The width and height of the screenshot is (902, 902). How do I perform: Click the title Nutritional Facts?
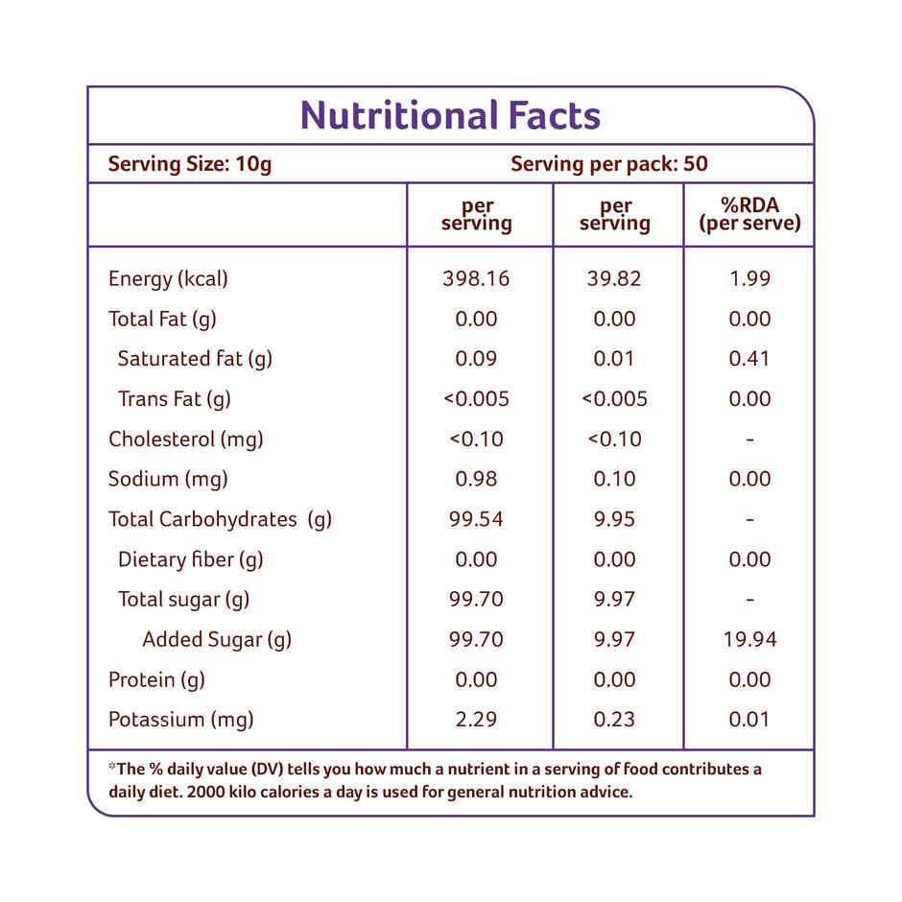pyautogui.click(x=450, y=116)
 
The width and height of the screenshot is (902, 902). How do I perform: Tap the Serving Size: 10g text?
pyautogui.click(x=190, y=164)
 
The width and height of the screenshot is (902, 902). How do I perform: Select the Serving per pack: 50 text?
pyautogui.click(x=609, y=164)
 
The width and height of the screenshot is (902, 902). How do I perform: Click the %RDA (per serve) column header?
pyautogui.click(x=749, y=215)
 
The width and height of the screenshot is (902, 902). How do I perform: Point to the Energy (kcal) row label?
pyautogui.click(x=168, y=279)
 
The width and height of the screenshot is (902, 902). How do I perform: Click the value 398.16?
pyautogui.click(x=476, y=279)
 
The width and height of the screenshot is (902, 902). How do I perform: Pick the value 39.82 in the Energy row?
pyautogui.click(x=614, y=279)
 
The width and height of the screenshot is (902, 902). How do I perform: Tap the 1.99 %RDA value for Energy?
pyautogui.click(x=749, y=279)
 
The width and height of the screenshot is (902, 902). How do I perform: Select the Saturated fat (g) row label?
pyautogui.click(x=195, y=359)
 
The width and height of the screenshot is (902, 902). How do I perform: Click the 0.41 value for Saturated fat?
pyautogui.click(x=749, y=359)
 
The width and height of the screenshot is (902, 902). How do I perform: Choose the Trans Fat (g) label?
pyautogui.click(x=174, y=399)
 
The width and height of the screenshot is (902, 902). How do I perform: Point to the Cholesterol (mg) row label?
pyautogui.click(x=185, y=439)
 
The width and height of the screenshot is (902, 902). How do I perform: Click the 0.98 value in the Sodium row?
pyautogui.click(x=476, y=479)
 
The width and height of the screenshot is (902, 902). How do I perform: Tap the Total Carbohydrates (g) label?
pyautogui.click(x=220, y=519)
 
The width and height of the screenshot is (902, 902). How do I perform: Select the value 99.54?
pyautogui.click(x=476, y=519)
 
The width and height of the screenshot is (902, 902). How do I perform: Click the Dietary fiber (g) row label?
pyautogui.click(x=190, y=559)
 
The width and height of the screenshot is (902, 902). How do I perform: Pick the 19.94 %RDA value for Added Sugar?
pyautogui.click(x=749, y=639)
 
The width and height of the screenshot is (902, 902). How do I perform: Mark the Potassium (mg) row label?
pyautogui.click(x=182, y=720)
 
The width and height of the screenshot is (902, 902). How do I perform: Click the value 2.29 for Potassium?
pyautogui.click(x=476, y=720)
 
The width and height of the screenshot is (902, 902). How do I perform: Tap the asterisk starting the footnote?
pyautogui.click(x=111, y=768)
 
